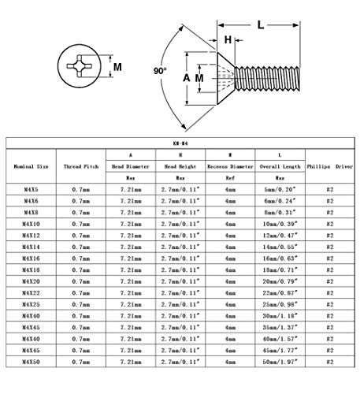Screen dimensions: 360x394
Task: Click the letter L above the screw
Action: point(261,25)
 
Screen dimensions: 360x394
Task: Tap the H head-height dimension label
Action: point(228,40)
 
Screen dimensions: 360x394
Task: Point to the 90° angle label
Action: point(160,71)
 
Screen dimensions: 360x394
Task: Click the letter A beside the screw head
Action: point(187,78)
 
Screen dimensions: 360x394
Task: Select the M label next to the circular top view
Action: point(117,67)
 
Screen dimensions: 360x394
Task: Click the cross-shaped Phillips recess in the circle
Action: point(80,66)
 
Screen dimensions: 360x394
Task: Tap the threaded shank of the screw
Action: point(267,79)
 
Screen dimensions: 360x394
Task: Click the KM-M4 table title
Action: point(180,143)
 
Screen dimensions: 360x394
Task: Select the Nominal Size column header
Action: point(31,166)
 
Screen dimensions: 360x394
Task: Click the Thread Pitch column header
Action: point(81,166)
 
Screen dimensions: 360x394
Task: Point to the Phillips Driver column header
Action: point(330,166)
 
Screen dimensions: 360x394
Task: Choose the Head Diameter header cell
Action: point(131,166)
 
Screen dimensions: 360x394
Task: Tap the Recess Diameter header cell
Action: point(230,166)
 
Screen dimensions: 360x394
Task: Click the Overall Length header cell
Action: point(280,166)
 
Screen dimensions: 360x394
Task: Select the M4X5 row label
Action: point(31,189)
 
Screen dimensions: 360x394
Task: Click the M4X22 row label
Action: point(31,293)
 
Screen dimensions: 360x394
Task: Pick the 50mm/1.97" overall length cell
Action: point(280,362)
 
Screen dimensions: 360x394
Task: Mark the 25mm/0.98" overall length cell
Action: point(280,304)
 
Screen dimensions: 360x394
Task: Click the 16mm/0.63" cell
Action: point(280,258)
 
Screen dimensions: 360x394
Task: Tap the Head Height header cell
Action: point(180,166)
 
